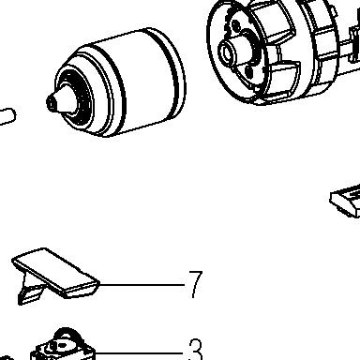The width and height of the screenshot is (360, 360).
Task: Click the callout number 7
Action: (196, 284)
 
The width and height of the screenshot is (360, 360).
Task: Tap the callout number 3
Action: (196, 350)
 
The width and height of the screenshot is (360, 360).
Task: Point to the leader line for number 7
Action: (142, 285)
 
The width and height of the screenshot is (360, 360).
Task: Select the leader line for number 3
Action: (139, 353)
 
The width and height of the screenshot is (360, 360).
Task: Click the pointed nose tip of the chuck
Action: (51, 101)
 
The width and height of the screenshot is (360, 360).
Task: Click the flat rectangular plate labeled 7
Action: (55, 272)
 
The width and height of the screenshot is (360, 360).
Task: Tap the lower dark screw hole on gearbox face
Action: (249, 71)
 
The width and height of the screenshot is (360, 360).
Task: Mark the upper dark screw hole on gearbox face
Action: (236, 25)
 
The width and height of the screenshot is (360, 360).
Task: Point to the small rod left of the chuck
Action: (7, 116)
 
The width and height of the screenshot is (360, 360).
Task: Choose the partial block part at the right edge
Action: (346, 201)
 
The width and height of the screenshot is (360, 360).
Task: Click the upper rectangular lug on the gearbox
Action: (275, 23)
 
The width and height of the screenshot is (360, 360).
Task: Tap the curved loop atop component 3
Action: (67, 335)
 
